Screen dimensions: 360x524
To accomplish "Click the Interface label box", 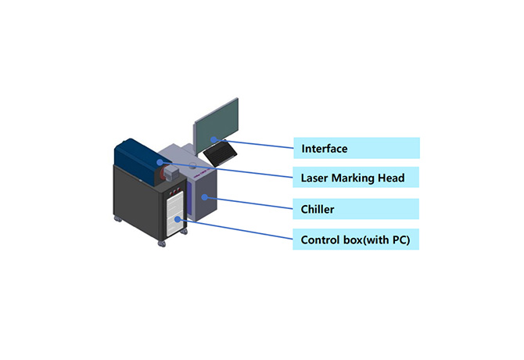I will [357, 148].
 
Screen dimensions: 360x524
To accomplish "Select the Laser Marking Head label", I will [357, 178].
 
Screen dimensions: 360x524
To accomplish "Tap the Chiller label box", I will [357, 209].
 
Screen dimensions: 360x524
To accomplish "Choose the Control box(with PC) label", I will [357, 239].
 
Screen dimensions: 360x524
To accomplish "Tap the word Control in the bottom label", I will [321, 239].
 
